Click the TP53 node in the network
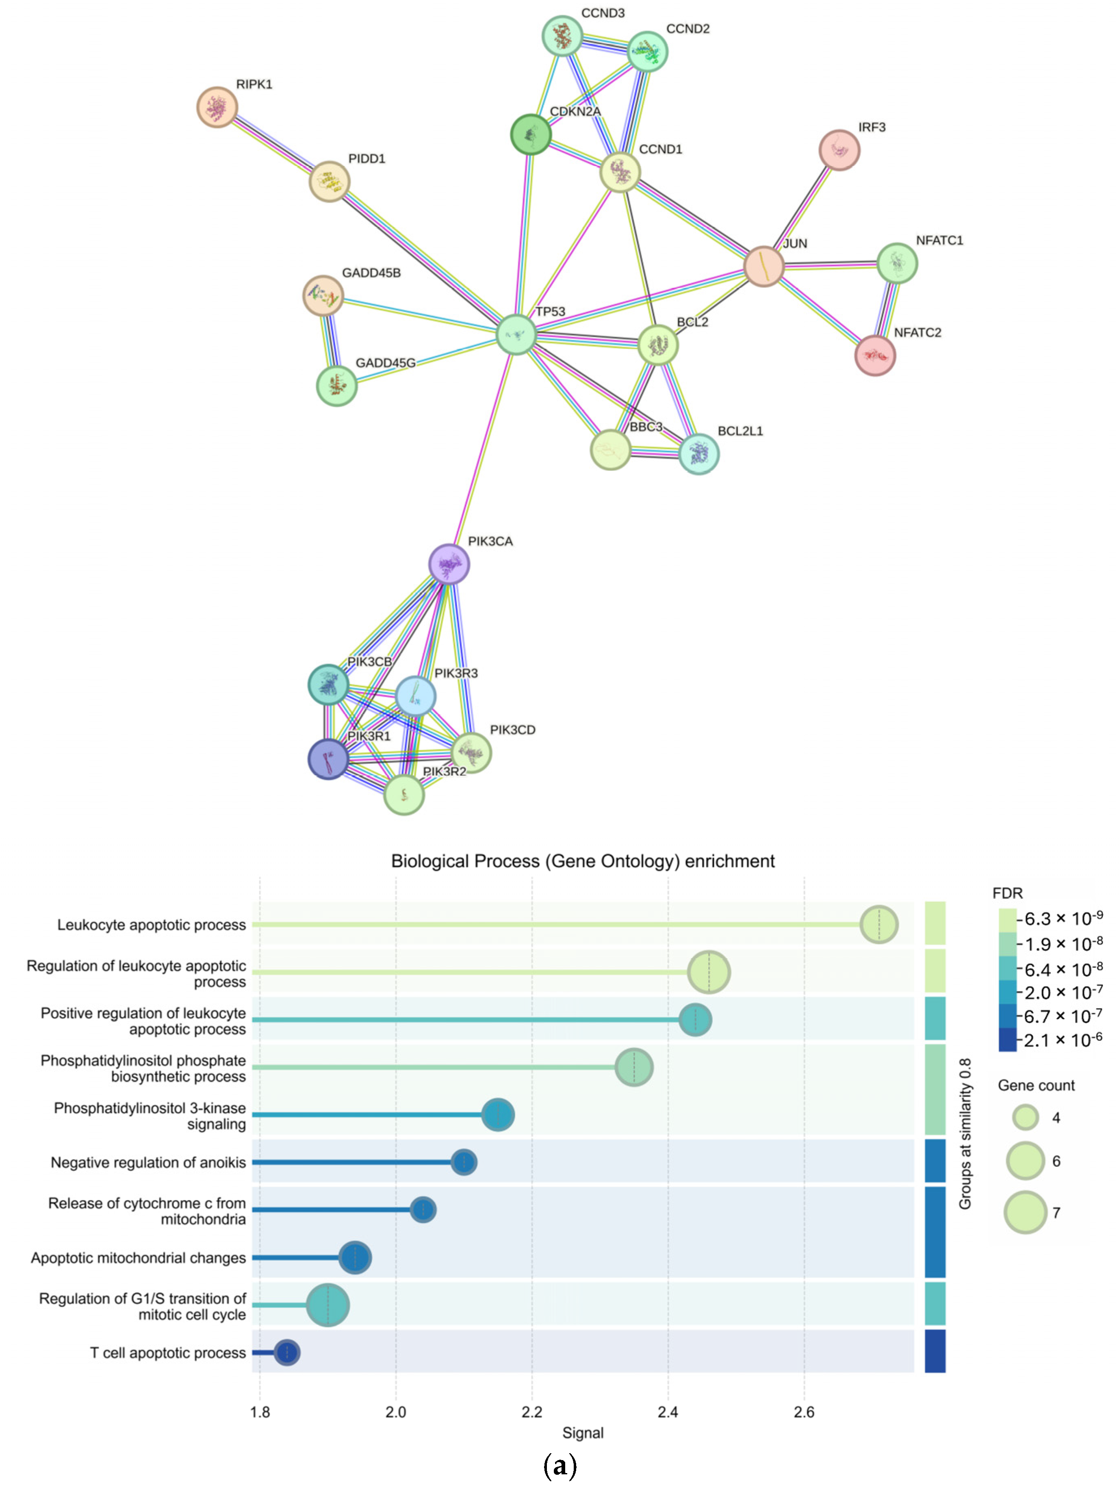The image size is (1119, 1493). point(516,334)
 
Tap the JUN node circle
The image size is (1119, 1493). point(763,266)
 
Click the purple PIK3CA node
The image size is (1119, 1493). point(449,563)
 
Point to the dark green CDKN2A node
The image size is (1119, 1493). point(531,134)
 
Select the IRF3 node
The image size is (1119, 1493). point(839,150)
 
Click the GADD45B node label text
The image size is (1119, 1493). point(371,273)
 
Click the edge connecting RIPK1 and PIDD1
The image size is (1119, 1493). point(273,145)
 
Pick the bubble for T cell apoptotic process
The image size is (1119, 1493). point(287,1352)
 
